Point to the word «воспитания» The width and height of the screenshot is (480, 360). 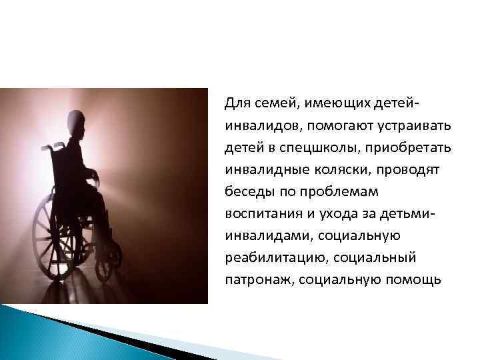point(257,213)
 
